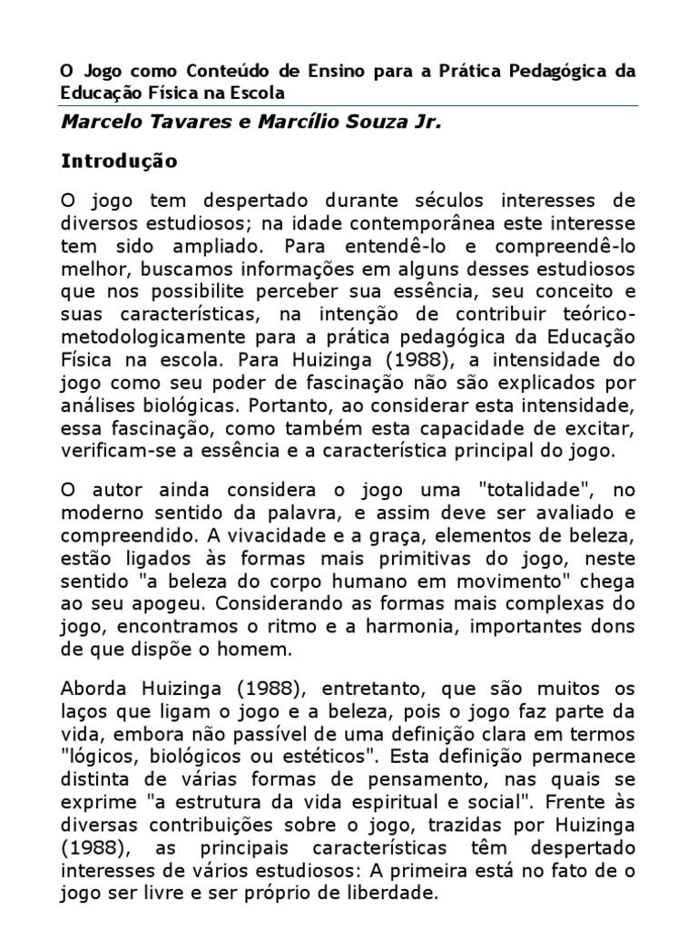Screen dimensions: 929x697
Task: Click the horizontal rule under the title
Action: coord(348,105)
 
